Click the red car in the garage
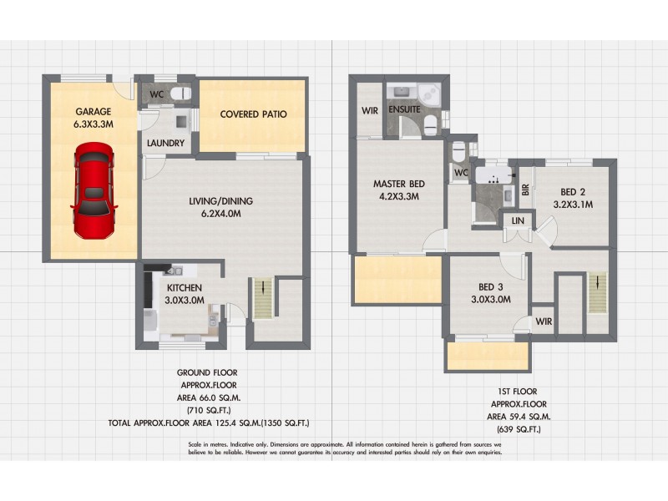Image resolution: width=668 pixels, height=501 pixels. tap(94, 191)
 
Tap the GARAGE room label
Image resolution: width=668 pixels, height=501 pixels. tap(93, 111)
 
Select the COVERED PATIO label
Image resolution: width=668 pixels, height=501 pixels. tap(253, 114)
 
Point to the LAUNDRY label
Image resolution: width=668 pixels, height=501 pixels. tap(165, 143)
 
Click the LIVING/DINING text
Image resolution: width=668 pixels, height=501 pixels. tap(220, 201)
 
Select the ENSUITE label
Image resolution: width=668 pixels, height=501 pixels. tap(404, 109)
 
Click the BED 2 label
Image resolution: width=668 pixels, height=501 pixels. tap(572, 190)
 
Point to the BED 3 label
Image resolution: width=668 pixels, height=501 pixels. tap(490, 287)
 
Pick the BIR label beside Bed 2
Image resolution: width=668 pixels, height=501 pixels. tap(525, 190)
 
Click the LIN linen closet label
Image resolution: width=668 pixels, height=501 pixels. tap(518, 220)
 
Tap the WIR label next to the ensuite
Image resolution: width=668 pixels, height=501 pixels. tap(371, 109)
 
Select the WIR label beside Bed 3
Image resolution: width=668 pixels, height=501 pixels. tap(543, 321)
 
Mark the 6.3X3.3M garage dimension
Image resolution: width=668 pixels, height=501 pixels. tap(93, 124)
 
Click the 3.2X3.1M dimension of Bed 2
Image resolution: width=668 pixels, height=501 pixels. tap(572, 202)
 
